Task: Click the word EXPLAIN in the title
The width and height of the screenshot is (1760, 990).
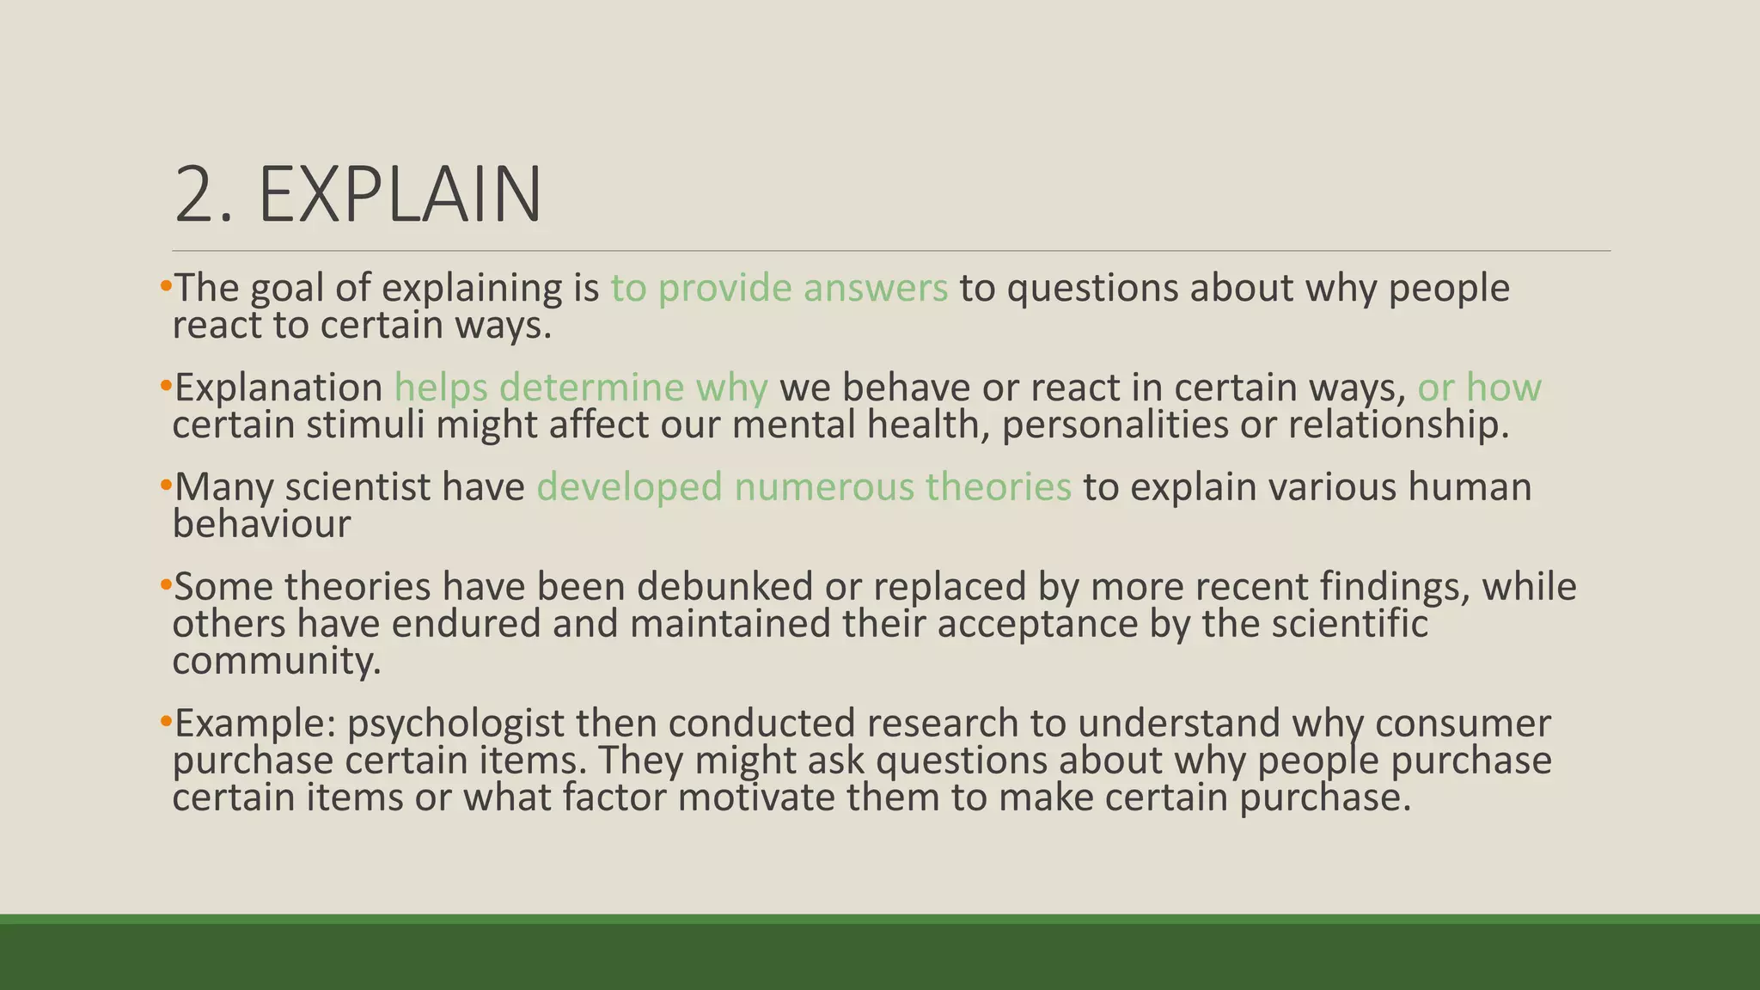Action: point(400,195)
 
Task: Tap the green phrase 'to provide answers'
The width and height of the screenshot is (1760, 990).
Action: point(779,288)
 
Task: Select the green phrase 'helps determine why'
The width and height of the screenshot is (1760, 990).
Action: point(581,388)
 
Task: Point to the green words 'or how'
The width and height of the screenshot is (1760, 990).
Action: point(1479,388)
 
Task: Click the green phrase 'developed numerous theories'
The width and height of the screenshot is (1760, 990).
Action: point(804,487)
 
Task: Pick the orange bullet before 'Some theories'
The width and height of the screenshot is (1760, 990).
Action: point(166,585)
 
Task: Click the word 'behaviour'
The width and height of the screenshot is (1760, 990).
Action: point(261,524)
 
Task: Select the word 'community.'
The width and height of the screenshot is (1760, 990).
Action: point(276,662)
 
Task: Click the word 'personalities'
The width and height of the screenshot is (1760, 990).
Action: point(1115,425)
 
